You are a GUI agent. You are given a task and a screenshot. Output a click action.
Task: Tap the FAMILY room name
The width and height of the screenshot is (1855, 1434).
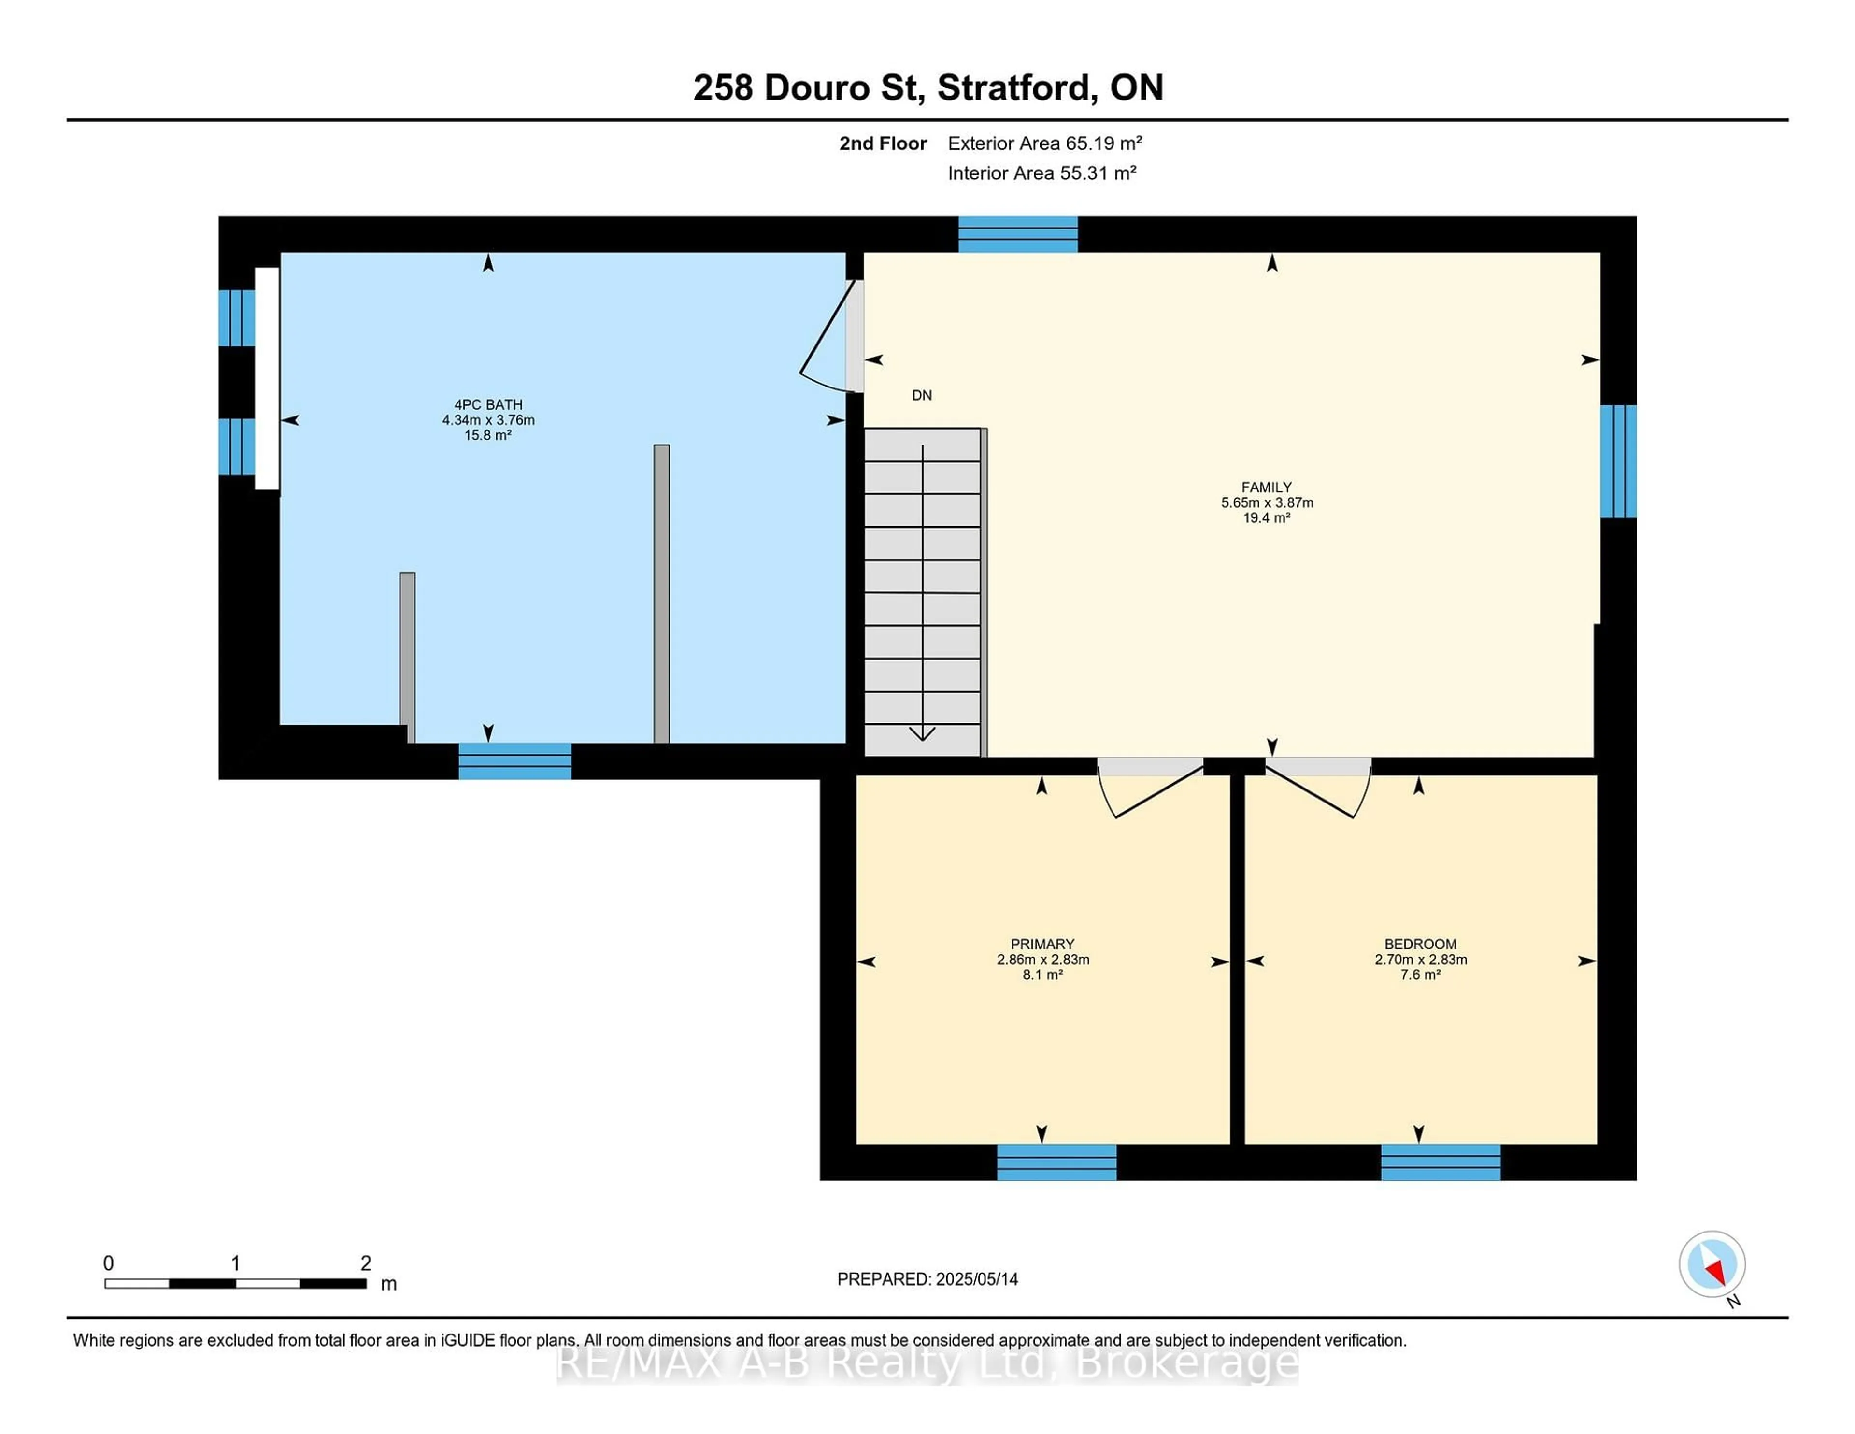[x=1267, y=488]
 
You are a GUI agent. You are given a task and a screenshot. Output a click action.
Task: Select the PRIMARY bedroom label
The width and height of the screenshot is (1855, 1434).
[x=1042, y=944]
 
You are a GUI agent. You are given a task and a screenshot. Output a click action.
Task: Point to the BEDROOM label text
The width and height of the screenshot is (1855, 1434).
[x=1420, y=944]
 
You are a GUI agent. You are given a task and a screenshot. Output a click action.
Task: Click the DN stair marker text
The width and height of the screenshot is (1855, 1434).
[x=922, y=395]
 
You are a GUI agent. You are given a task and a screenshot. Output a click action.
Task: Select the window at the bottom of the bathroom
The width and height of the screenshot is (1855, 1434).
[x=514, y=761]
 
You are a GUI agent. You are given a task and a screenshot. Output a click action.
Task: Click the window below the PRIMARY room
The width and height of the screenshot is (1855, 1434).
[x=1056, y=1162]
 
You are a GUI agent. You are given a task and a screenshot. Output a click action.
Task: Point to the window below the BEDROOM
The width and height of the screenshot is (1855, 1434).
[x=1441, y=1162]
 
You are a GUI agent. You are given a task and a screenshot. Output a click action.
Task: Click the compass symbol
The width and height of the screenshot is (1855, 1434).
[x=1712, y=1264]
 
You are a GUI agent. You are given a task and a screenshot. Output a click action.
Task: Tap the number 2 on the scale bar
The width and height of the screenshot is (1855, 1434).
[x=366, y=1263]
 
